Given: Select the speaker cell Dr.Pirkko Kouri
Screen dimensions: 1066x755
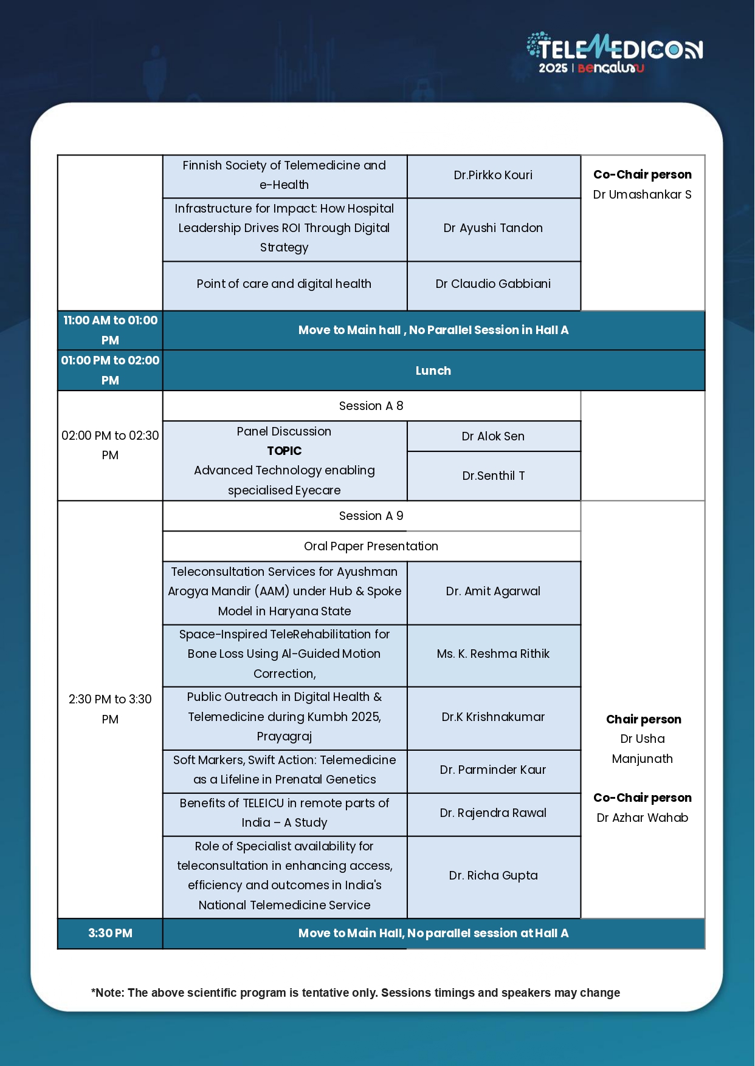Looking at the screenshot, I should pyautogui.click(x=493, y=176).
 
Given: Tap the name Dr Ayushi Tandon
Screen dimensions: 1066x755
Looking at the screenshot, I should pyautogui.click(x=493, y=228).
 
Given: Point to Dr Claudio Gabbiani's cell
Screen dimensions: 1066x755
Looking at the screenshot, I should pyautogui.click(x=493, y=284).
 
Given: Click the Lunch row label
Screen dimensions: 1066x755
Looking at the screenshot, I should pyautogui.click(x=433, y=371).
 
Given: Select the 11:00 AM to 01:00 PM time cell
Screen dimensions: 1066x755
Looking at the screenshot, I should pyautogui.click(x=110, y=330).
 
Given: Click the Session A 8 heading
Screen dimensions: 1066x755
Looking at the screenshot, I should pyautogui.click(x=371, y=406).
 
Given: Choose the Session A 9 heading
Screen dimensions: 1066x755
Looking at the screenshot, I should pyautogui.click(x=371, y=516).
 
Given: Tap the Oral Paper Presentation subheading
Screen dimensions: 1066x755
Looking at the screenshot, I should pyautogui.click(x=371, y=546).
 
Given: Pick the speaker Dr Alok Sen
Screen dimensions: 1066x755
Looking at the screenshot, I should pyautogui.click(x=493, y=436).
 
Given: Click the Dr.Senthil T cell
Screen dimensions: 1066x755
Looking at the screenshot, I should pyautogui.click(x=493, y=476).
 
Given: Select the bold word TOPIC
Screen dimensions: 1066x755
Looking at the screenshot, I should pyautogui.click(x=284, y=451).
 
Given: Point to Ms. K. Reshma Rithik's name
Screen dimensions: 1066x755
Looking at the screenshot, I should pyautogui.click(x=493, y=654).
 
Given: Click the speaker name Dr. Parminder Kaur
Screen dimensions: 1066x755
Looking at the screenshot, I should pyautogui.click(x=493, y=770).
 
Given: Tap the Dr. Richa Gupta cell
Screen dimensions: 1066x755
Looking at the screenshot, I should pyautogui.click(x=493, y=875).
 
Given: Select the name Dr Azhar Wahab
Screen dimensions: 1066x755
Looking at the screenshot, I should pyautogui.click(x=643, y=818).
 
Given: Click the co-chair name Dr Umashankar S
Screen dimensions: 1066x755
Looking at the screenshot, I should pyautogui.click(x=643, y=195).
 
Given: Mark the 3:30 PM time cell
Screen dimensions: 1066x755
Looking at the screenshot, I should pyautogui.click(x=110, y=934).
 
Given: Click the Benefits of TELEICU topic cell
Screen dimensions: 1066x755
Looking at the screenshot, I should pyautogui.click(x=284, y=813).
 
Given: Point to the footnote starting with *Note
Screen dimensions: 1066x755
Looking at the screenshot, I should pyautogui.click(x=356, y=993).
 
